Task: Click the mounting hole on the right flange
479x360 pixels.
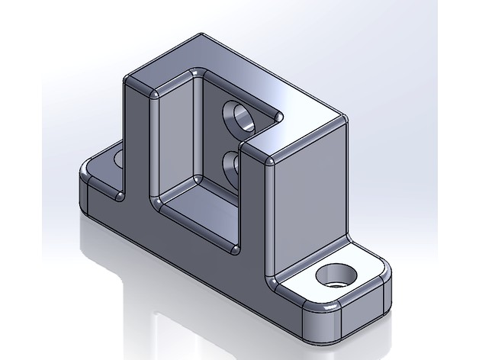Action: (335, 275)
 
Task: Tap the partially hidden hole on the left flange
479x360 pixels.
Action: (118, 158)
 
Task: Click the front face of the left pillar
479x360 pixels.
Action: (136, 145)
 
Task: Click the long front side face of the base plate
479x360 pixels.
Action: (191, 252)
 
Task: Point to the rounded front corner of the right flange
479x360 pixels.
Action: (320, 325)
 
